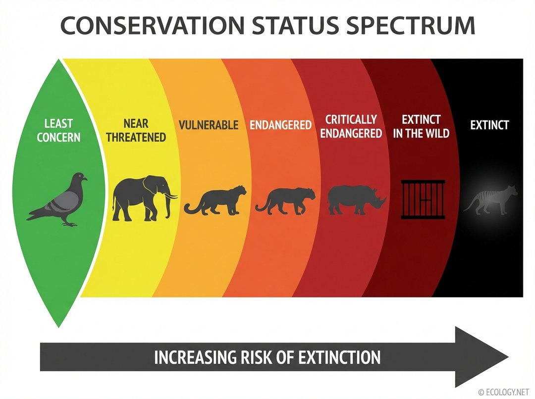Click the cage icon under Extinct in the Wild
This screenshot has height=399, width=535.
(x=423, y=199)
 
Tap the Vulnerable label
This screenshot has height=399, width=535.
(x=208, y=125)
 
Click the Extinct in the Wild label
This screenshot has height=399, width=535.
(x=421, y=126)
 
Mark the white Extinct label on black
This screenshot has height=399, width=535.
(x=489, y=125)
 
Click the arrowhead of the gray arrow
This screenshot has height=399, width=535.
(x=481, y=357)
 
